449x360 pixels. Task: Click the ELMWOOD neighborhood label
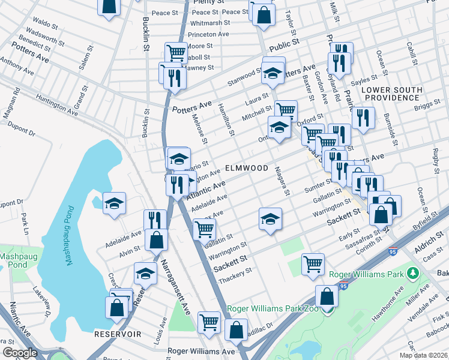[246, 169]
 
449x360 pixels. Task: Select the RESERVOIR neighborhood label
[117, 333]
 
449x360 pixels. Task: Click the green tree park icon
[412, 274]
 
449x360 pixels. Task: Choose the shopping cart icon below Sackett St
[313, 264]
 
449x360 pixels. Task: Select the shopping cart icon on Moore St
[175, 53]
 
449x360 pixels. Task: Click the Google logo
[20, 353]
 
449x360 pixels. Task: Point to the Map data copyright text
[423, 355]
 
